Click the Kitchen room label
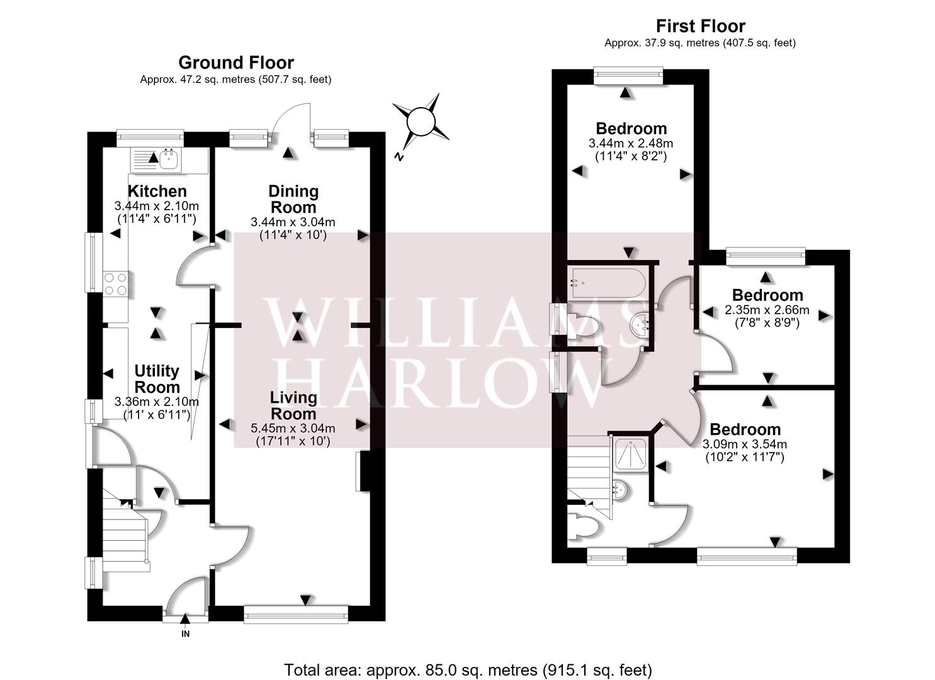pyautogui.click(x=157, y=191)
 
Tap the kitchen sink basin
pyautogui.click(x=169, y=159)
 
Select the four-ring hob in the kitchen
pyautogui.click(x=116, y=283)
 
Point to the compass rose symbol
pyautogui.click(x=421, y=122)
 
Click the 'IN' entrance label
pyautogui.click(x=185, y=633)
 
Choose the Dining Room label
pyautogui.click(x=293, y=199)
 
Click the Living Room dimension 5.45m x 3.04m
pyautogui.click(x=293, y=428)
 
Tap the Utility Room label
pyautogui.click(x=157, y=378)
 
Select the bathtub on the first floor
pyautogui.click(x=609, y=283)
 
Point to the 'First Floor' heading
pyautogui.click(x=700, y=26)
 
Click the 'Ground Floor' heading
pyautogui.click(x=236, y=62)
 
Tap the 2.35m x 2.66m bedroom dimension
pyautogui.click(x=767, y=310)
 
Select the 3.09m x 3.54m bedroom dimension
pyautogui.click(x=745, y=444)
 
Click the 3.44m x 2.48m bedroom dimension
pyautogui.click(x=631, y=143)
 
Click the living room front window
pyautogui.click(x=295, y=614)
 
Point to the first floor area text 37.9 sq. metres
pyautogui.click(x=700, y=43)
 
